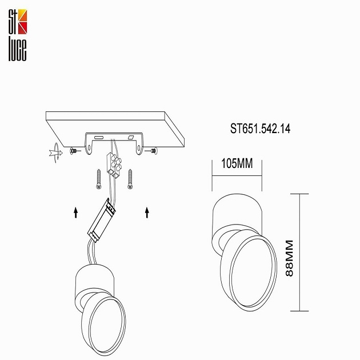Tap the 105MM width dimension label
(x=237, y=165)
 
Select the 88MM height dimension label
(x=290, y=258)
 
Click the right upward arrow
(x=147, y=213)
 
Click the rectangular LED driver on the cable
(x=103, y=218)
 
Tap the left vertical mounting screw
(x=98, y=179)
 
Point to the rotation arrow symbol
(x=54, y=153)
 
